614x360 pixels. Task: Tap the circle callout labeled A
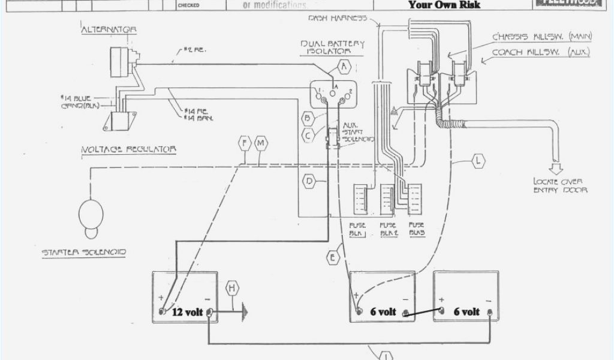[344, 65]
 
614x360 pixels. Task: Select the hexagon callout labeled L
[478, 161]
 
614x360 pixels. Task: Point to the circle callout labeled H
[232, 289]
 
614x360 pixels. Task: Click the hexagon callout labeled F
[243, 143]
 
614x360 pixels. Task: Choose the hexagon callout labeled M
[261, 143]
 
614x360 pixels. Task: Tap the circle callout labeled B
[308, 118]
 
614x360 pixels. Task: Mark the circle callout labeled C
[308, 135]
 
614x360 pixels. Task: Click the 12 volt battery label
[187, 312]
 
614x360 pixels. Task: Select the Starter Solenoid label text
[83, 253]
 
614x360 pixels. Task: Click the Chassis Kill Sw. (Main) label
[541, 37]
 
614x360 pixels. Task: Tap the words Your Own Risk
[444, 5]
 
